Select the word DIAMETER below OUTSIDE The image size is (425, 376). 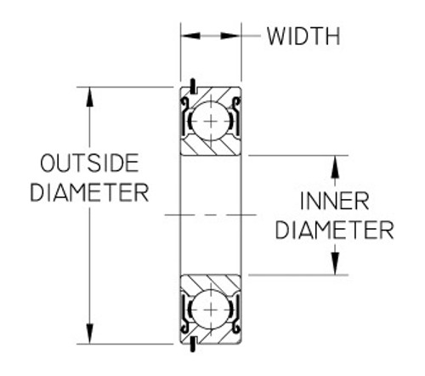[88, 192]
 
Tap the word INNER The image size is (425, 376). [334, 202]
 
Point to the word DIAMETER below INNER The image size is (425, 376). [335, 231]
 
